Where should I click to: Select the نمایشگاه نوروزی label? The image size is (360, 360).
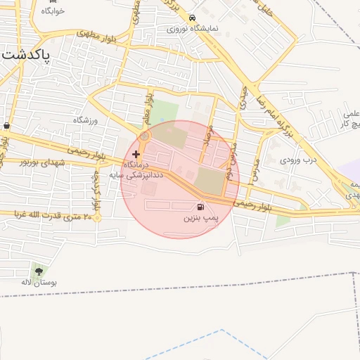[x=192, y=30]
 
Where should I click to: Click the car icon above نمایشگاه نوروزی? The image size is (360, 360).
[x=192, y=18]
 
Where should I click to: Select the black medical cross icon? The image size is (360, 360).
[x=136, y=153]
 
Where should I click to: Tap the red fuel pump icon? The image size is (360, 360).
[x=202, y=207]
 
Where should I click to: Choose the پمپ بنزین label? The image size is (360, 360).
[x=202, y=219]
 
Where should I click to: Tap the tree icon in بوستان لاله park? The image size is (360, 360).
[x=39, y=271]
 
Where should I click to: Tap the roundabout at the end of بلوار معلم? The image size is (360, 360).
[x=145, y=136]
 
